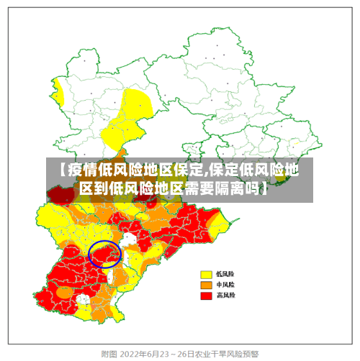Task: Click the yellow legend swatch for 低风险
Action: tap(206, 274)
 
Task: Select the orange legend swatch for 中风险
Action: tap(206, 284)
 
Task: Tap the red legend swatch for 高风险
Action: tap(206, 295)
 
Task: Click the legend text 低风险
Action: tap(225, 274)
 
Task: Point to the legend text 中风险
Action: tap(225, 284)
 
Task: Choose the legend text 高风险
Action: tap(225, 295)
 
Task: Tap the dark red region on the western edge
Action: tap(61, 193)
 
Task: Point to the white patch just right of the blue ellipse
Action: tap(129, 240)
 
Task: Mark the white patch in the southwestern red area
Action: tap(84, 298)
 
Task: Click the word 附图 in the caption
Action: tap(109, 354)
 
